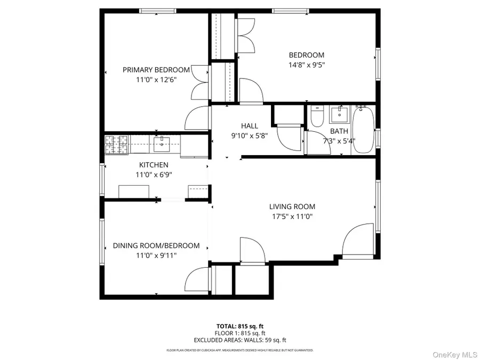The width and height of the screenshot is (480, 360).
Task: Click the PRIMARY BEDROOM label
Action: tap(156, 70)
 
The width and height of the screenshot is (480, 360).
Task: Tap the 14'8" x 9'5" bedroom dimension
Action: tap(306, 65)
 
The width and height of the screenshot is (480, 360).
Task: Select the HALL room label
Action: tap(249, 126)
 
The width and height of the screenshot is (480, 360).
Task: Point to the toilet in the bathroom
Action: tap(316, 117)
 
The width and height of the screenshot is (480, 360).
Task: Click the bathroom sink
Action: tap(338, 114)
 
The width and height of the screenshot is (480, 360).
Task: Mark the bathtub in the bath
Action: tap(364, 129)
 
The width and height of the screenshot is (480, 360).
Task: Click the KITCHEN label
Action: tap(154, 165)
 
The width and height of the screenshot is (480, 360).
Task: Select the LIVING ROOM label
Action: tap(292, 207)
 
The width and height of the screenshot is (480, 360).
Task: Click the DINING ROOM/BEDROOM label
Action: tap(156, 246)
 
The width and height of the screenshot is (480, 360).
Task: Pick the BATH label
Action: tap(339, 131)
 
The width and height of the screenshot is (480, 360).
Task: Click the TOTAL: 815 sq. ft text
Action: tap(239, 325)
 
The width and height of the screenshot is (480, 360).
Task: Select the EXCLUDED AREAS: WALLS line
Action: tap(239, 340)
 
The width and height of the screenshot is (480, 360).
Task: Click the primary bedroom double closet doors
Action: tap(200, 83)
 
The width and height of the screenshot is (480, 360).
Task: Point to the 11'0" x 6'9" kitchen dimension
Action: tap(154, 174)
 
